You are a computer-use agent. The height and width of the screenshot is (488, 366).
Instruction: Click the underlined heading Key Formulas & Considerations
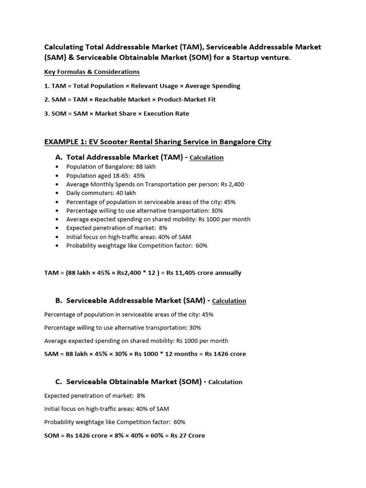click(92, 72)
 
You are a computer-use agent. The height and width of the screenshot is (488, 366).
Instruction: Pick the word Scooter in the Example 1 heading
click(105, 142)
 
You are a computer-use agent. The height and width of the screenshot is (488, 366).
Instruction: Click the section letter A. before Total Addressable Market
click(59, 157)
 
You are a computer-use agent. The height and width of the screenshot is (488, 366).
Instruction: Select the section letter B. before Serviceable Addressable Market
click(59, 301)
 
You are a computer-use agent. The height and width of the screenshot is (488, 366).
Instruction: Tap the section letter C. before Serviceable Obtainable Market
click(59, 382)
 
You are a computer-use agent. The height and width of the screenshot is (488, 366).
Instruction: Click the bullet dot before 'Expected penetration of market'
click(58, 228)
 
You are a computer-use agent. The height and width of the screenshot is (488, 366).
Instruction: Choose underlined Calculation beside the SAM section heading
click(229, 301)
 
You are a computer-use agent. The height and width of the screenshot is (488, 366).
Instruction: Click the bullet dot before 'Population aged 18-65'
click(58, 176)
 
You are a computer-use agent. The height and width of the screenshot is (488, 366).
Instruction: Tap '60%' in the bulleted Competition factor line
click(201, 246)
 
